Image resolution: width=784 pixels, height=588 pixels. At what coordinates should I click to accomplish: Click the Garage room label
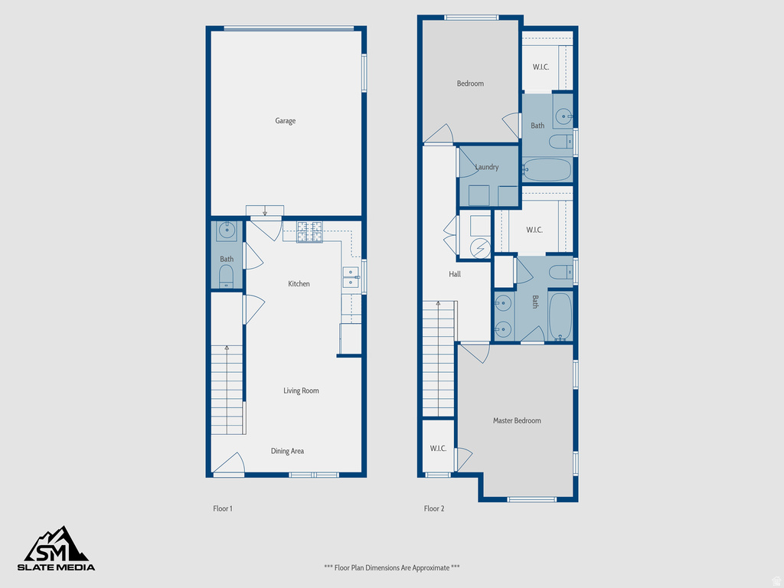coord(285,121)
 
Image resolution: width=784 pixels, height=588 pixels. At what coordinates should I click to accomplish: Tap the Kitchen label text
coord(299,284)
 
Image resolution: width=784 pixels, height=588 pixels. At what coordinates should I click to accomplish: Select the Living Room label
coord(301,391)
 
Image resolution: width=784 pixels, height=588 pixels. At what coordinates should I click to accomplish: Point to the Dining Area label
coord(287,452)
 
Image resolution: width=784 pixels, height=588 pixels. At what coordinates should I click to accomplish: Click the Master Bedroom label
coord(517,421)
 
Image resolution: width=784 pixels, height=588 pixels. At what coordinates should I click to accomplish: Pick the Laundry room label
coord(487,168)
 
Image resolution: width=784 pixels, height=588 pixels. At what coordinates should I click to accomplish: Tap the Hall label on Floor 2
coord(455,274)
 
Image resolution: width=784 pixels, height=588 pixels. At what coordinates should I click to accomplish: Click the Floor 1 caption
coord(222,508)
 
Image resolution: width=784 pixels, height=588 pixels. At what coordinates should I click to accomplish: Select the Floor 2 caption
coord(434,508)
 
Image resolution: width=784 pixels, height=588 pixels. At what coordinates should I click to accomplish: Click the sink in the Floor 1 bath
coord(227,230)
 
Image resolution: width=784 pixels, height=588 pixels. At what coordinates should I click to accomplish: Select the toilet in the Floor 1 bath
coord(227,277)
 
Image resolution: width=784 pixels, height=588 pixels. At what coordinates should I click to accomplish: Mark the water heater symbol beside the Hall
coord(479,248)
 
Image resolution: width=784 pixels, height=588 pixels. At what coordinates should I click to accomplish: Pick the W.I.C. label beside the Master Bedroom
coord(438,449)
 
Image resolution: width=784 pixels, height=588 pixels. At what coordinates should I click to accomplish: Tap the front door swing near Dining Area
coord(228,463)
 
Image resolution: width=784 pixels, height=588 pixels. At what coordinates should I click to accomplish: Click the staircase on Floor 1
coord(227,390)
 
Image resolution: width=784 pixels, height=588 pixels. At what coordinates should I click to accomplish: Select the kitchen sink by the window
coord(351,277)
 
